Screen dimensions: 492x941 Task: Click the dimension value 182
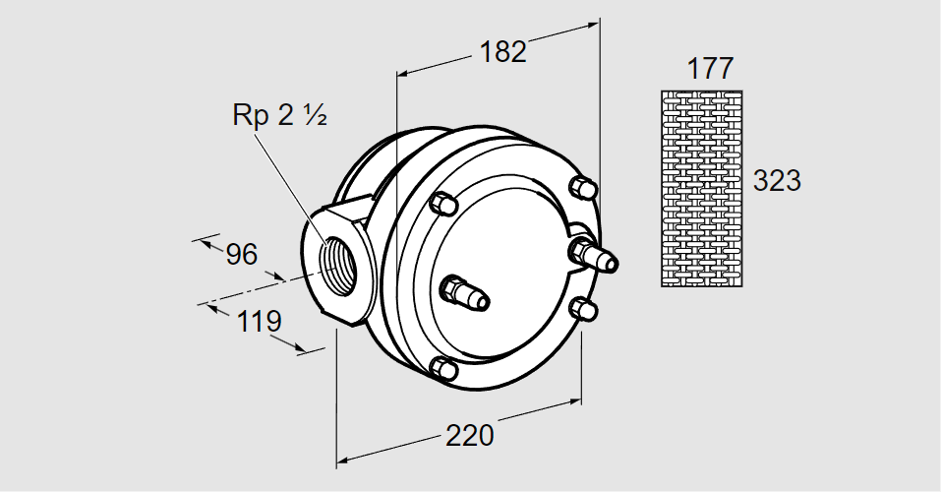[x=503, y=51]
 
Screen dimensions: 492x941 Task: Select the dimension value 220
[x=468, y=434]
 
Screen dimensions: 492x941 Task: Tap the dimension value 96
[x=241, y=255]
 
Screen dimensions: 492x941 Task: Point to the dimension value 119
[x=259, y=322]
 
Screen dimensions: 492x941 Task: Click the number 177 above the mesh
[x=709, y=69]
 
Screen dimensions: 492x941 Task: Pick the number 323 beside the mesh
[x=777, y=181]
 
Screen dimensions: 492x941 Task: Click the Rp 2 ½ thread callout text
[x=279, y=115]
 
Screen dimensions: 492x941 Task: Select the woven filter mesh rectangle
[x=701, y=188]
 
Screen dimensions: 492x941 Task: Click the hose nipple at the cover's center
[x=464, y=292]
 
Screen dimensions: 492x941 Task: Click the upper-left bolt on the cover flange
[x=442, y=203]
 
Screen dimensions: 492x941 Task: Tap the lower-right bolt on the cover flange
[x=584, y=308]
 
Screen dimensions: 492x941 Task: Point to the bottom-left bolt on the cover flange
[x=443, y=368]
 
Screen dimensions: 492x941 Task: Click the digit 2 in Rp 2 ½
[x=286, y=115]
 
